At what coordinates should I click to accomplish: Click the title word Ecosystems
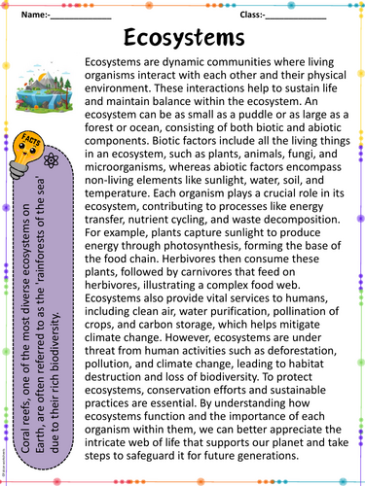184,37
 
